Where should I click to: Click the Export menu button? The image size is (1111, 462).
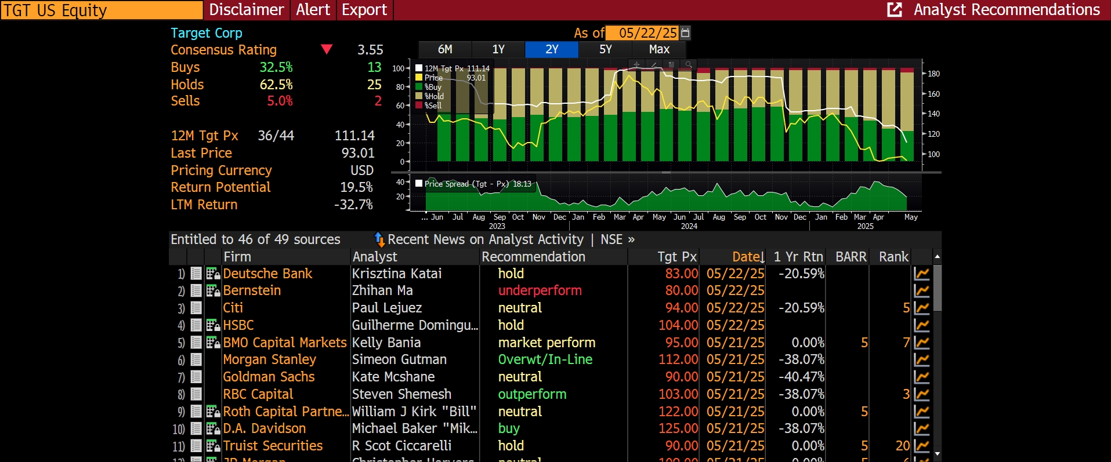[x=364, y=10]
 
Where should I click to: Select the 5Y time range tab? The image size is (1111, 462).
[x=605, y=49]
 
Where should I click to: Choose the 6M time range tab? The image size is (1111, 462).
[x=445, y=49]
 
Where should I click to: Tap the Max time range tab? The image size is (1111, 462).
[x=659, y=49]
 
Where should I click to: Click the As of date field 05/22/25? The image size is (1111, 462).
[x=647, y=33]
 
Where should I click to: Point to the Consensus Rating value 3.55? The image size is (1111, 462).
[x=370, y=50]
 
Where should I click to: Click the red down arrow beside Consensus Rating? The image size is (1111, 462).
[x=327, y=49]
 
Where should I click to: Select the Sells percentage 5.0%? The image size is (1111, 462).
[x=280, y=101]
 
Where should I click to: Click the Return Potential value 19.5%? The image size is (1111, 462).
[x=356, y=187]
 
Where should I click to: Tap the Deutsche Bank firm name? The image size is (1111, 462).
[x=267, y=274]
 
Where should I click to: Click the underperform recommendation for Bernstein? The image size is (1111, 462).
[x=540, y=290]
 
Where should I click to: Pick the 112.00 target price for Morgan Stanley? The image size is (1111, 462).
[x=678, y=359]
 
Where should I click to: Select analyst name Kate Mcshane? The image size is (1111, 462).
[x=393, y=377]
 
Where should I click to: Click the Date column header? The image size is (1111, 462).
[x=748, y=257]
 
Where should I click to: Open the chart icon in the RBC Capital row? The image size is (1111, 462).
[x=921, y=394]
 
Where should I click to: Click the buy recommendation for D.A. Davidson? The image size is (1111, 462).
[x=509, y=428]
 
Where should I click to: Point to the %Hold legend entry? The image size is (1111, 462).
[x=434, y=96]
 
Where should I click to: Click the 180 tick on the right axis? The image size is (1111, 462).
[x=933, y=74]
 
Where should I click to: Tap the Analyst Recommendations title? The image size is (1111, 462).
[x=1006, y=10]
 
